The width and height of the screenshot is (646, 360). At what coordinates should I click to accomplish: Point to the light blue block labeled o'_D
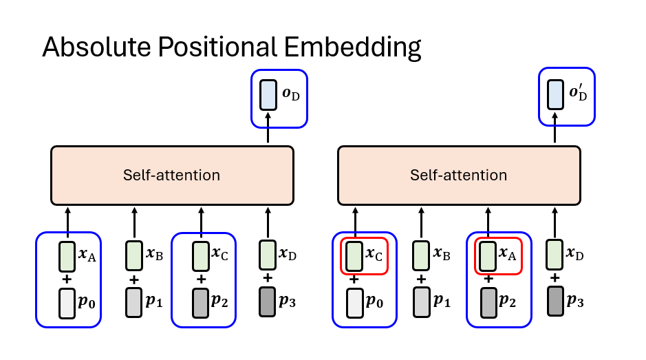pos(555,94)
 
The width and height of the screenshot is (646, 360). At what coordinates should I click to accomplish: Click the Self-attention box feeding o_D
pos(172,175)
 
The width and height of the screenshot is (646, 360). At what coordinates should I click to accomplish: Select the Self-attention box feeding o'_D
pos(458,175)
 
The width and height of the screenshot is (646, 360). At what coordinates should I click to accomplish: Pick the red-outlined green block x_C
pos(354,255)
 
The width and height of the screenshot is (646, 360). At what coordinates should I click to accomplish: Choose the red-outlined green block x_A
pos(488,255)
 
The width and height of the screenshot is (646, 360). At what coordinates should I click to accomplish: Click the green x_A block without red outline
pos(67,255)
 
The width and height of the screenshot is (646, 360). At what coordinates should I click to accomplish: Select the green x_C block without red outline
pos(201,255)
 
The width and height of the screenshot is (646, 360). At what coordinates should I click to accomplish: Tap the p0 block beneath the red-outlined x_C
pos(354,303)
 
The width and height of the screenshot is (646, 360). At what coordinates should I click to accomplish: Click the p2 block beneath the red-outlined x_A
pos(488,303)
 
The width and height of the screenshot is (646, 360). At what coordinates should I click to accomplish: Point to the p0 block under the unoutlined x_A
pos(67,303)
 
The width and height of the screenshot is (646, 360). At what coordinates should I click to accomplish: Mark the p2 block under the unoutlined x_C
pos(201,303)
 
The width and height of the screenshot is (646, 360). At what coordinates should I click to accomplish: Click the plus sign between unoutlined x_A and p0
pos(67,279)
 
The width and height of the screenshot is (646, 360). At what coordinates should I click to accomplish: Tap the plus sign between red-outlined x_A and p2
pos(488,279)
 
